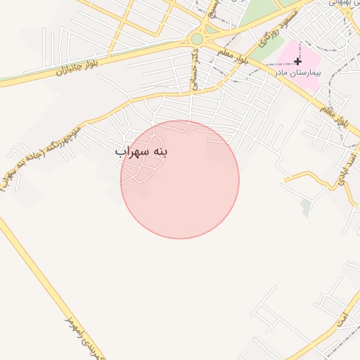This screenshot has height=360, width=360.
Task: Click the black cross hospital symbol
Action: (x=298, y=62)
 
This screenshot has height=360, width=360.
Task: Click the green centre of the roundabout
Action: (x=197, y=39)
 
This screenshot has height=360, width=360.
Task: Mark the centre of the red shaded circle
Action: (x=180, y=180)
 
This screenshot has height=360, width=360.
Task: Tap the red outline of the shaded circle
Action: (x=239, y=180)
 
